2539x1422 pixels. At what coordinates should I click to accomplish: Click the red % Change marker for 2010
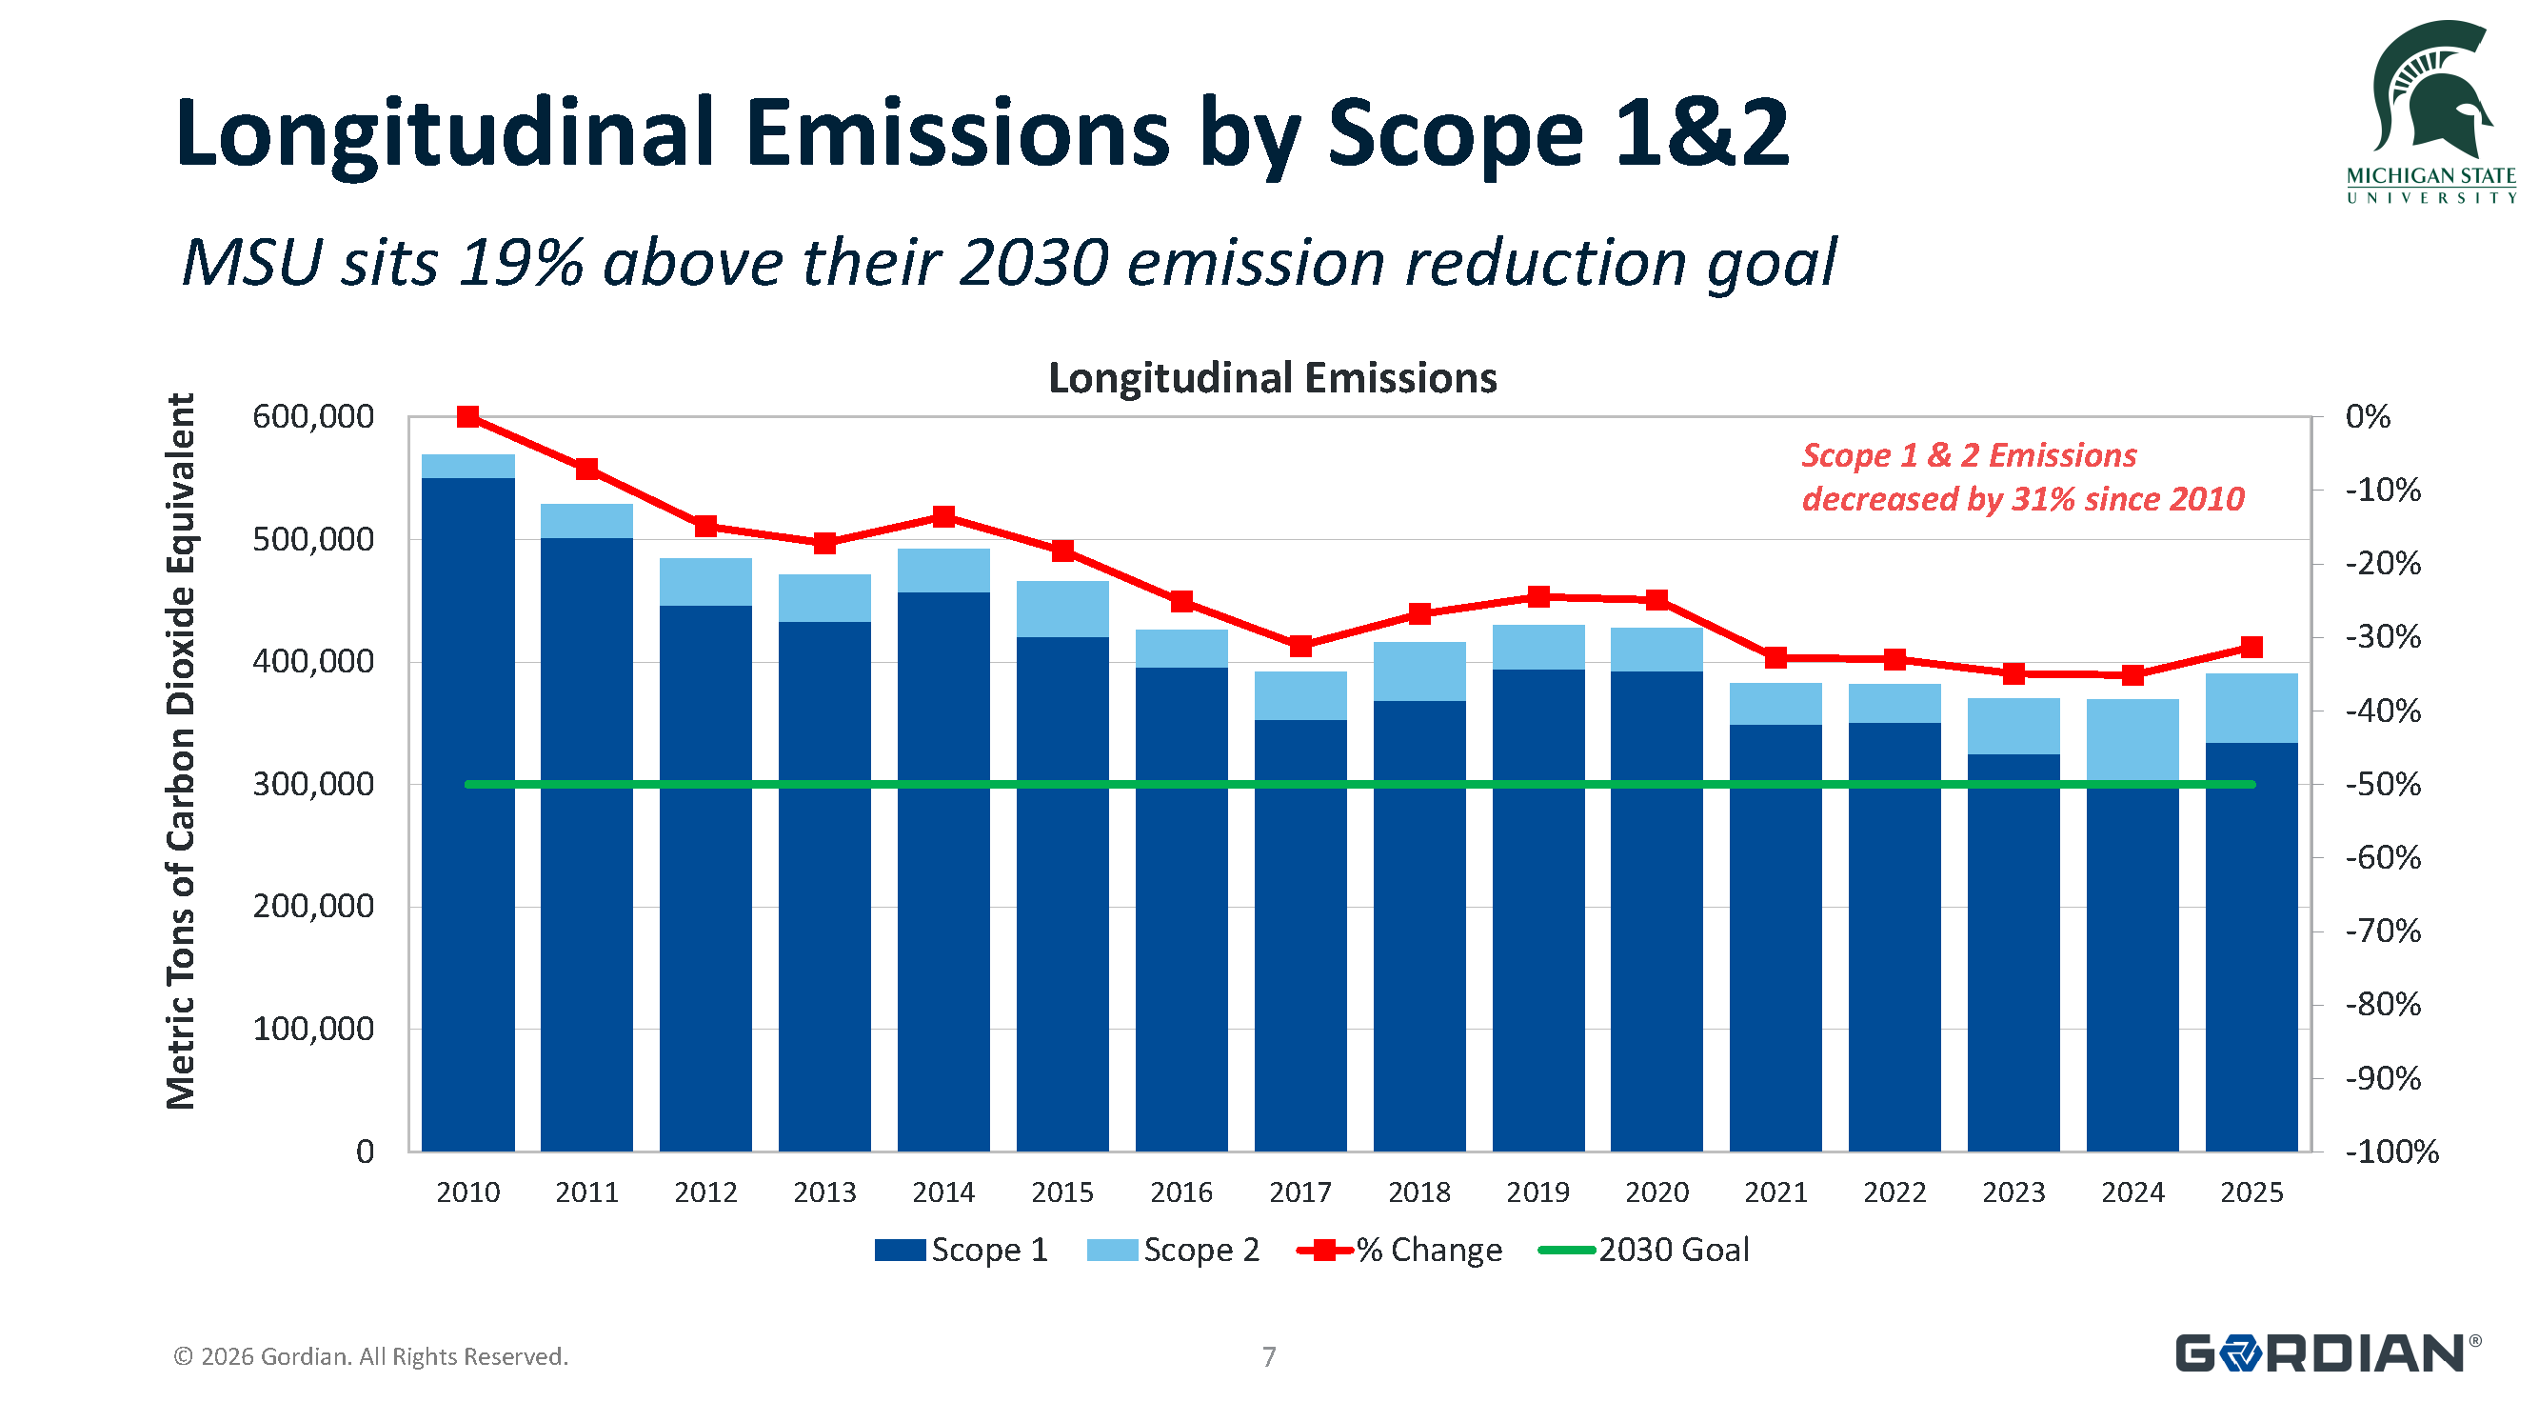point(468,417)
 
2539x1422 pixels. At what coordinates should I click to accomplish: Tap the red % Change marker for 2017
point(1300,646)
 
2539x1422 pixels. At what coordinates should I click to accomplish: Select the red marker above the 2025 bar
point(2251,647)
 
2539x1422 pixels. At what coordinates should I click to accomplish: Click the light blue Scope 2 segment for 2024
point(2132,740)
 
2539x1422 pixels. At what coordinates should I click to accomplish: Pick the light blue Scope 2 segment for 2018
point(1419,671)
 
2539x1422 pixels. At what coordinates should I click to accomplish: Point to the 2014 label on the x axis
point(943,1192)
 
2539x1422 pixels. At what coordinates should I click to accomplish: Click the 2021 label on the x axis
point(1775,1192)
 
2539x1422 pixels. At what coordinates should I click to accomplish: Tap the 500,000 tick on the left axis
point(312,539)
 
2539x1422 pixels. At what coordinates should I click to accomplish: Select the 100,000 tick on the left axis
point(312,1029)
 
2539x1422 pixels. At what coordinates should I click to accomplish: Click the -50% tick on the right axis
point(2382,785)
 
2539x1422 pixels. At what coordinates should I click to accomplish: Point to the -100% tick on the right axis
point(2390,1152)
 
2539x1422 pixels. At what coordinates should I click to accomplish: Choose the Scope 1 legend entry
point(961,1250)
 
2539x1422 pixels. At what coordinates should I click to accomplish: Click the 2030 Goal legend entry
point(1643,1250)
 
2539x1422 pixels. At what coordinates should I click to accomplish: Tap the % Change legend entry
point(1399,1250)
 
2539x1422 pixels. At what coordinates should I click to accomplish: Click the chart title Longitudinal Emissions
point(1272,379)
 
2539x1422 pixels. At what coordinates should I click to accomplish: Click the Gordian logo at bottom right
point(2326,1353)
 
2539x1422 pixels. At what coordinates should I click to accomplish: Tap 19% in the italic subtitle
point(522,263)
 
